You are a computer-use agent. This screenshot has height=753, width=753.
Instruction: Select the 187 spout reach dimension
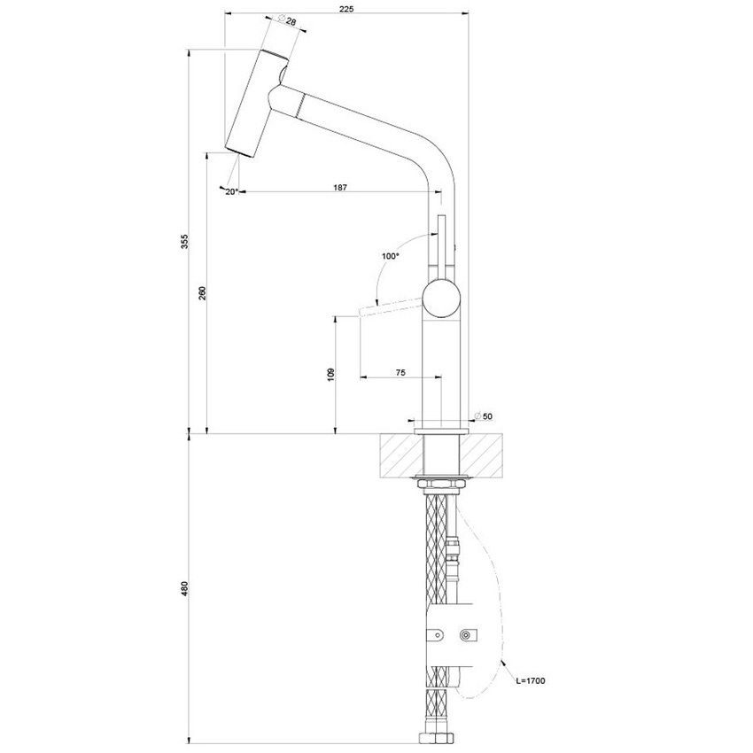340,188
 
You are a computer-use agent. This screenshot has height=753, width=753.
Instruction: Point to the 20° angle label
232,191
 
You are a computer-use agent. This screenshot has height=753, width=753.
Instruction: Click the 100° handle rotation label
391,256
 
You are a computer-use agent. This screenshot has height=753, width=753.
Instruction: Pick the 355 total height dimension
184,241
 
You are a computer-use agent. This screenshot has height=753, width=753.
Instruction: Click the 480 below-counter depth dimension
184,587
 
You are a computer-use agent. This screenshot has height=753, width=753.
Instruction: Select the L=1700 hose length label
529,680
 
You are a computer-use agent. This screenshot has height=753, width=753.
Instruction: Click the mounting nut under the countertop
440,483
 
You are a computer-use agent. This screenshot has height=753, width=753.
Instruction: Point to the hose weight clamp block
453,634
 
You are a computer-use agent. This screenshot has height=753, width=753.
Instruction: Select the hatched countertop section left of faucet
400,456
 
